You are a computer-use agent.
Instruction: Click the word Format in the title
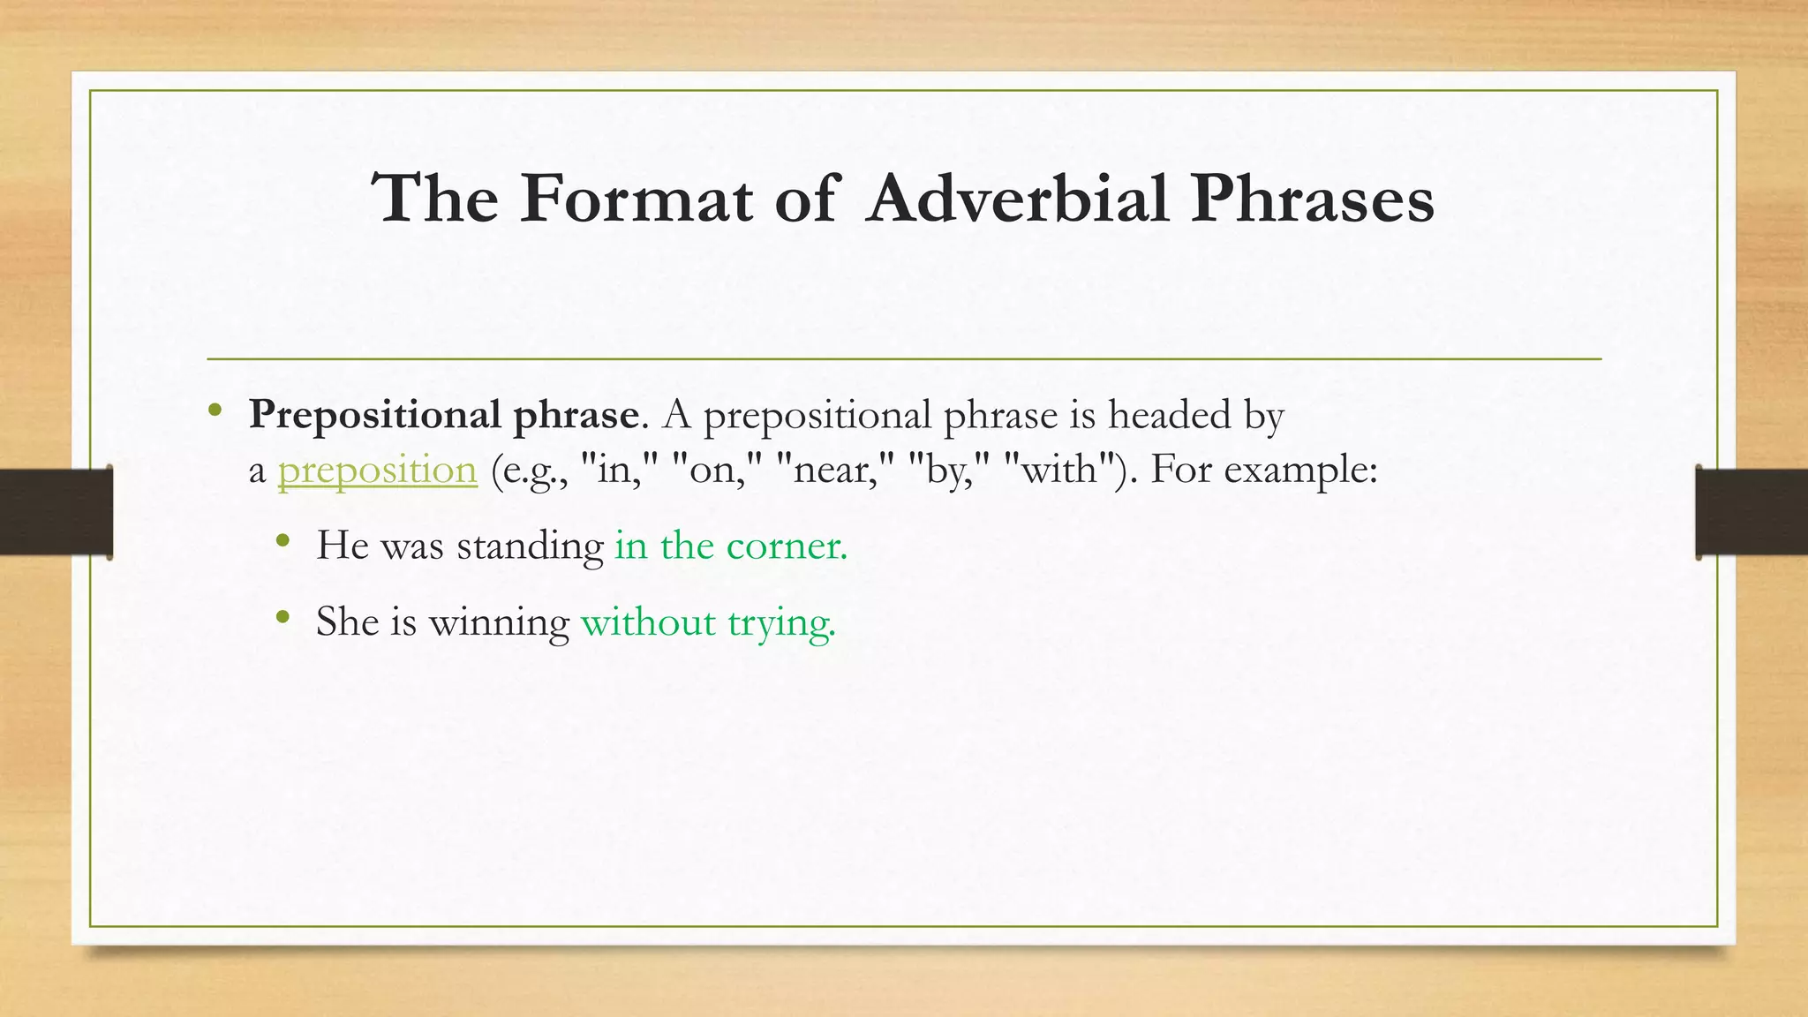tap(636, 199)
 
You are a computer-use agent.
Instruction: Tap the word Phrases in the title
tap(1312, 199)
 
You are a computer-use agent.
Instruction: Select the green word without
tap(648, 622)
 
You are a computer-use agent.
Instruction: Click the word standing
tap(530, 546)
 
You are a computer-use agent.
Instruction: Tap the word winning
tap(499, 623)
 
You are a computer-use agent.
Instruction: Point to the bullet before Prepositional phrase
tap(215, 411)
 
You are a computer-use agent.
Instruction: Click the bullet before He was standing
tap(282, 541)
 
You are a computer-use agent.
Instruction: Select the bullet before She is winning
tap(282, 617)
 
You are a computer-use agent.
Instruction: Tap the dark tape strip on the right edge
tap(1751, 512)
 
